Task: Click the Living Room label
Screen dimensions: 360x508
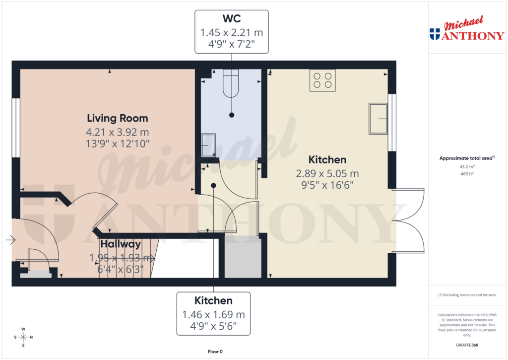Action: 118,118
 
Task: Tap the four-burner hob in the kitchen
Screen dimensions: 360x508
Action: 322,80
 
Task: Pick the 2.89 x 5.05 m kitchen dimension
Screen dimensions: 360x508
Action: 327,174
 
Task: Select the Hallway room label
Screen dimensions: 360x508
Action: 121,244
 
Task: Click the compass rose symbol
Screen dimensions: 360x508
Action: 23,337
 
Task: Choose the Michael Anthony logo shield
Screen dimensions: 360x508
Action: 435,34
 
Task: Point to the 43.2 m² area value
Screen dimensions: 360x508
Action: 467,167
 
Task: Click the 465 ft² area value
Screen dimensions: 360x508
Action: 467,174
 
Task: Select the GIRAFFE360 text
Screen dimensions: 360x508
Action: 467,345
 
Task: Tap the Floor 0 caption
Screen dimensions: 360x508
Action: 215,352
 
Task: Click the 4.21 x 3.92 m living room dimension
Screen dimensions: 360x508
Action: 118,133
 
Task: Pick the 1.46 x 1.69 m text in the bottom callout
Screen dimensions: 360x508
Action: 214,314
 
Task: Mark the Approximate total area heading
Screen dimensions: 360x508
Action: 466,158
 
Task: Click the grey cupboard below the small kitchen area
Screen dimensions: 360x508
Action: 243,258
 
